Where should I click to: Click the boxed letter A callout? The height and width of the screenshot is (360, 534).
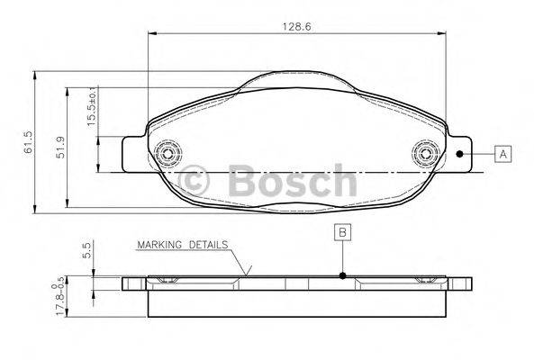point(502,154)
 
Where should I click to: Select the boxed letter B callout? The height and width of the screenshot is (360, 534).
point(343,232)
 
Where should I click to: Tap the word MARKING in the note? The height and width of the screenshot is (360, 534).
point(158,244)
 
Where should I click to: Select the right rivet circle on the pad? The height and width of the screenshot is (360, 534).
point(423,153)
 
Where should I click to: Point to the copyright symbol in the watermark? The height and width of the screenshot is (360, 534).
point(195,179)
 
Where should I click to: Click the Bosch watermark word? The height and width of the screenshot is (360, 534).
point(292,179)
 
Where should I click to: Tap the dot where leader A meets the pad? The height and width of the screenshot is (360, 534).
point(459,154)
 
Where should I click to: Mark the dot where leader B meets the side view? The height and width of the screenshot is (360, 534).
point(343,276)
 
